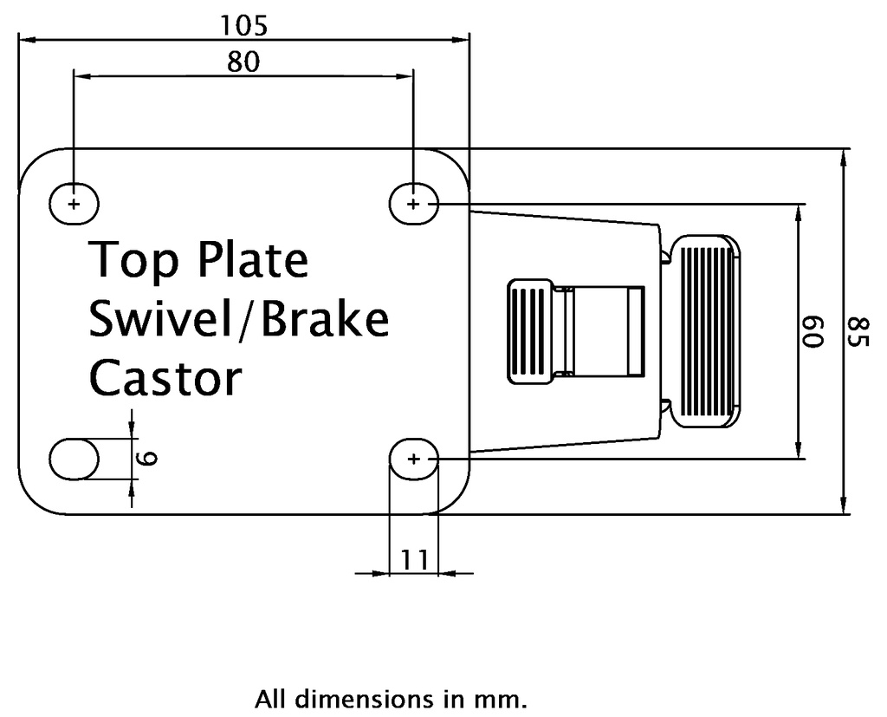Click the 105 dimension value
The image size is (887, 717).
(243, 26)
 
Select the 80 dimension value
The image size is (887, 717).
(243, 63)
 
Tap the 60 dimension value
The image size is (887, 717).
(813, 332)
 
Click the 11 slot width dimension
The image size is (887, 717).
(414, 560)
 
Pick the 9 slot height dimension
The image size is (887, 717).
(149, 459)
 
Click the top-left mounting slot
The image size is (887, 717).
(74, 204)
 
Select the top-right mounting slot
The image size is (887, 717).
(413, 204)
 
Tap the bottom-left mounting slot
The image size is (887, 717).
(74, 459)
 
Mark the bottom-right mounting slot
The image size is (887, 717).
(413, 459)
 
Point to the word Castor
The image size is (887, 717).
(165, 378)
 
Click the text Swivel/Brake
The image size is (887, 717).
(239, 319)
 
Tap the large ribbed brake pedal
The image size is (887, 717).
(707, 332)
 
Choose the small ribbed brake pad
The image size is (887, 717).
(530, 332)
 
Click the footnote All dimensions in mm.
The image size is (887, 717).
(390, 699)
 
